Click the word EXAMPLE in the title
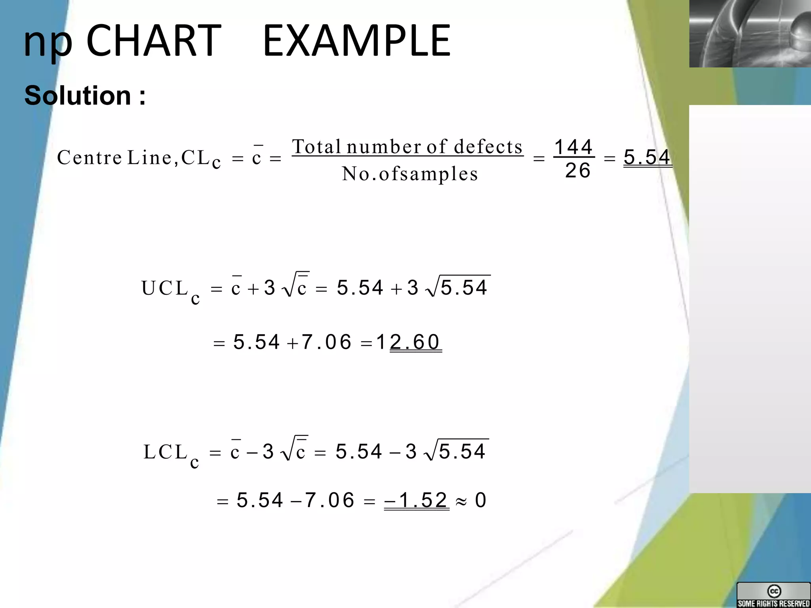pyautogui.click(x=356, y=40)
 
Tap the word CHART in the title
pyautogui.click(x=154, y=40)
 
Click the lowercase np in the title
pyautogui.click(x=48, y=43)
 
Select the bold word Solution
pyautogui.click(x=78, y=95)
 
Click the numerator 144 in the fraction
pyautogui.click(x=573, y=147)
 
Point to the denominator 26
pyautogui.click(x=578, y=171)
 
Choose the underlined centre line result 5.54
pyautogui.click(x=647, y=157)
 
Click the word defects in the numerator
pyautogui.click(x=488, y=147)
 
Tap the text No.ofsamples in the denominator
pyautogui.click(x=410, y=174)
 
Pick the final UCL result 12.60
pyautogui.click(x=408, y=342)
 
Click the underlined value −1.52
pyautogui.click(x=417, y=500)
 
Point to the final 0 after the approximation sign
pyautogui.click(x=480, y=500)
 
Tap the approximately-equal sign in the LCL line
pyautogui.click(x=461, y=502)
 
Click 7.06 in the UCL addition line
pyautogui.click(x=326, y=342)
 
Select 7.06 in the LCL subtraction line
pyautogui.click(x=329, y=500)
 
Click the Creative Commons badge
pyautogui.click(x=773, y=595)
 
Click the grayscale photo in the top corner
pyautogui.click(x=750, y=34)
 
